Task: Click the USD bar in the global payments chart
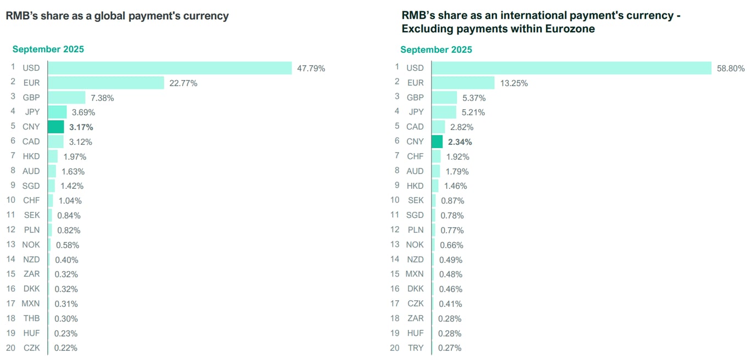pyautogui.click(x=170, y=68)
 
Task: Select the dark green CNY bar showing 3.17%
pyautogui.click(x=56, y=127)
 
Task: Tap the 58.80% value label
pyautogui.click(x=730, y=69)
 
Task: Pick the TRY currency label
pyautogui.click(x=415, y=348)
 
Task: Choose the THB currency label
pyautogui.click(x=31, y=318)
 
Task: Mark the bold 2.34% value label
pyautogui.click(x=460, y=142)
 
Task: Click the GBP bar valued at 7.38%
pyautogui.click(x=66, y=98)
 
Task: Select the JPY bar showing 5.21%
pyautogui.click(x=444, y=113)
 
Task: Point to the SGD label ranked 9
pyautogui.click(x=31, y=186)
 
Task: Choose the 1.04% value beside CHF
pyautogui.click(x=70, y=201)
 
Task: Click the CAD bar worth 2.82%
pyautogui.click(x=438, y=127)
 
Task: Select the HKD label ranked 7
pyautogui.click(x=31, y=156)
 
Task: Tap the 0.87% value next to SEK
pyautogui.click(x=452, y=201)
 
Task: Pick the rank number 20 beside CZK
pyautogui.click(x=11, y=348)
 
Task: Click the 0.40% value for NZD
pyautogui.click(x=66, y=260)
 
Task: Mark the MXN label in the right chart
pyautogui.click(x=415, y=274)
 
